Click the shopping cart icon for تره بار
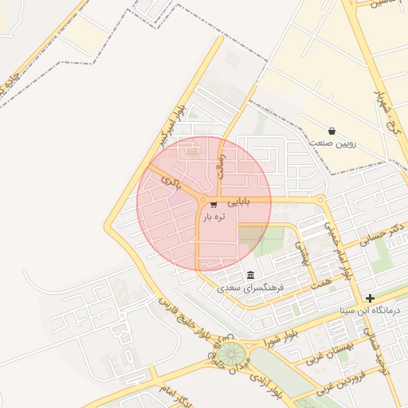[x=214, y=205]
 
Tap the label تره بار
[x=214, y=217]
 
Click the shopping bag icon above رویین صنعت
[x=331, y=131]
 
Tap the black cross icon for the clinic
[x=370, y=298]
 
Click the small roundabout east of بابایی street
[x=320, y=200]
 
